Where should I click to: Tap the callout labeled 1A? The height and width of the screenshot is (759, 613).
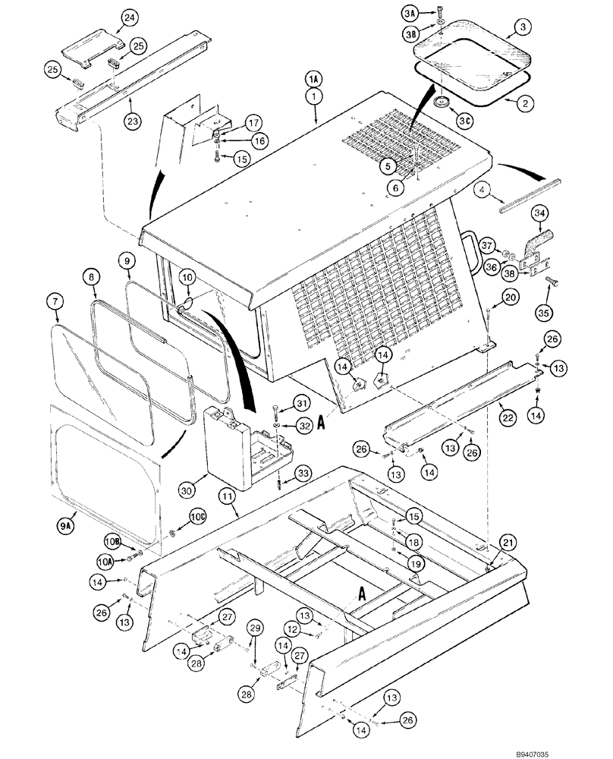(314, 79)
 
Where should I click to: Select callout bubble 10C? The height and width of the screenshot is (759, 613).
(197, 516)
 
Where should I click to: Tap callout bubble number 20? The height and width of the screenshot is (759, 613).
(510, 298)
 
